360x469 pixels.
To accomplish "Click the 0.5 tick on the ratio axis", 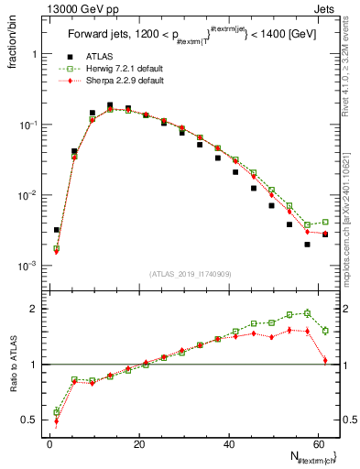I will [35, 420].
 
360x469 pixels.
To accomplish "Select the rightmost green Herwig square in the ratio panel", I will [325, 331].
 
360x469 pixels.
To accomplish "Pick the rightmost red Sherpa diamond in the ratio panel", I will [325, 361].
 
